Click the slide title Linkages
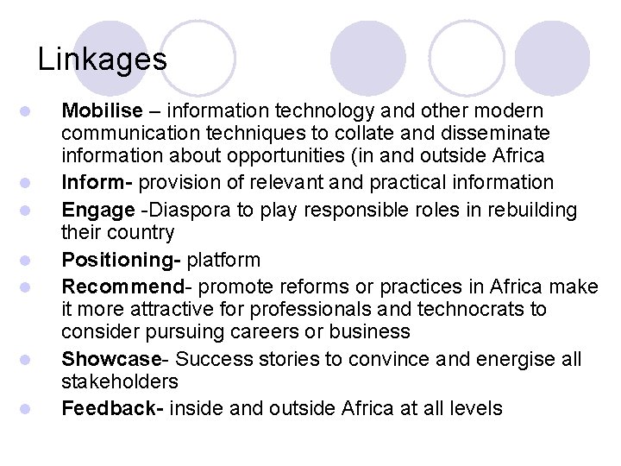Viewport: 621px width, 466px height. [x=103, y=60]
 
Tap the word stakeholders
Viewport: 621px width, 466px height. [x=120, y=381]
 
